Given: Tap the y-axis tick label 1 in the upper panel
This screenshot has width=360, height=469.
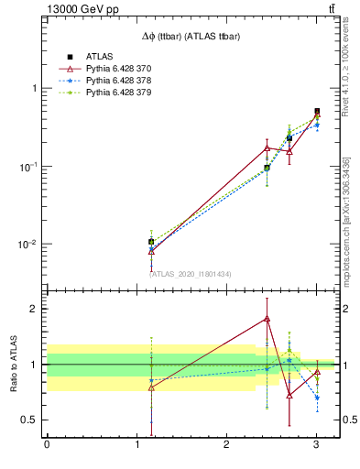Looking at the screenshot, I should pos(35,89).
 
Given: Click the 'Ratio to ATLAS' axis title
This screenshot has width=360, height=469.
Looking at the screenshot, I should pos(13,364).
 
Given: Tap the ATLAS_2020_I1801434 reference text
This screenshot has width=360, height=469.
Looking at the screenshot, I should pos(191,274).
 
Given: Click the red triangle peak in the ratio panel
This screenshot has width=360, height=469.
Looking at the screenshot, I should pos(267,319).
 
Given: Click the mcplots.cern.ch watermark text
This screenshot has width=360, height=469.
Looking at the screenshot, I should pos(345,220).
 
